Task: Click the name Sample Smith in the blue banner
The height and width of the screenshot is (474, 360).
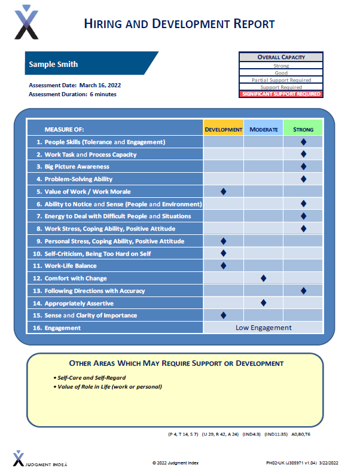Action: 53,65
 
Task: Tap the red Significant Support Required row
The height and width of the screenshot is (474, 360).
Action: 280,94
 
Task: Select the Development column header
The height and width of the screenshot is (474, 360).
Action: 223,129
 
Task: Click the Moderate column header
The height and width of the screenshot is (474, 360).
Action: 263,129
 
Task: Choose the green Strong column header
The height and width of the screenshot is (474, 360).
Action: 303,129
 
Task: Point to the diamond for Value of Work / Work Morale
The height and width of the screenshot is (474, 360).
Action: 224,191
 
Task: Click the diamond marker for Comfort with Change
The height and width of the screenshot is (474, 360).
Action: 263,278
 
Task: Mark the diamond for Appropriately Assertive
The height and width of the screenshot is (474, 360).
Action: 263,303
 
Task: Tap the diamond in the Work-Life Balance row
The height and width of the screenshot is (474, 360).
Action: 224,265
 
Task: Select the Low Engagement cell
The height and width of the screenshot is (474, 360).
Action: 263,328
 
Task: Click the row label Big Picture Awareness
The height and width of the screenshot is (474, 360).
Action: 77,167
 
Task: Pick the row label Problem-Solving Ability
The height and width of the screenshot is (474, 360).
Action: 78,179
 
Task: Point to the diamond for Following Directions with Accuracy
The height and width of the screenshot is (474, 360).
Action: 303,290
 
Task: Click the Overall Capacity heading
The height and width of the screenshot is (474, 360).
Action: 280,57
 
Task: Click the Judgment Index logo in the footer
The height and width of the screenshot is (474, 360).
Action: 40,459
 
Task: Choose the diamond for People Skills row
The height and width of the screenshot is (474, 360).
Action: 303,142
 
